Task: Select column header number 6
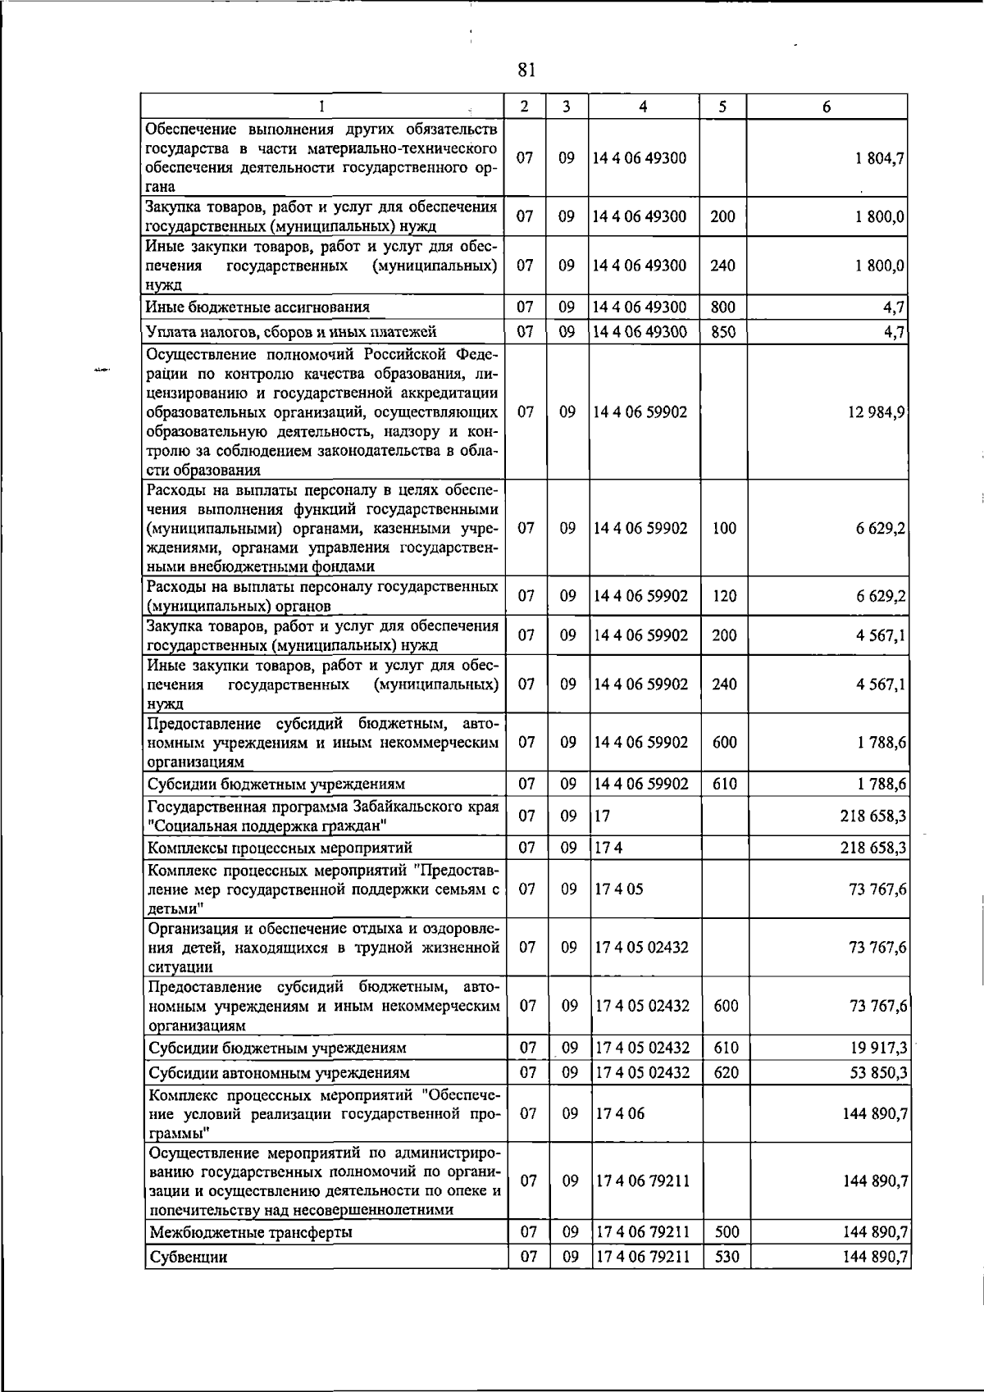click(827, 107)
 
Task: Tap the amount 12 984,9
click(877, 412)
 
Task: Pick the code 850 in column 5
click(723, 332)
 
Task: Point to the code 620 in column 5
click(726, 1073)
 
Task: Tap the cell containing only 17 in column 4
click(603, 817)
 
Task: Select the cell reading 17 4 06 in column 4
click(619, 1114)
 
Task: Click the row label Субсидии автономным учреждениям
click(279, 1073)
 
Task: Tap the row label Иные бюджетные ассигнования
click(257, 307)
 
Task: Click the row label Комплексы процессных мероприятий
click(280, 848)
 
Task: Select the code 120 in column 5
click(724, 597)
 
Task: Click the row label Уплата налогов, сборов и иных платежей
click(291, 332)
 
